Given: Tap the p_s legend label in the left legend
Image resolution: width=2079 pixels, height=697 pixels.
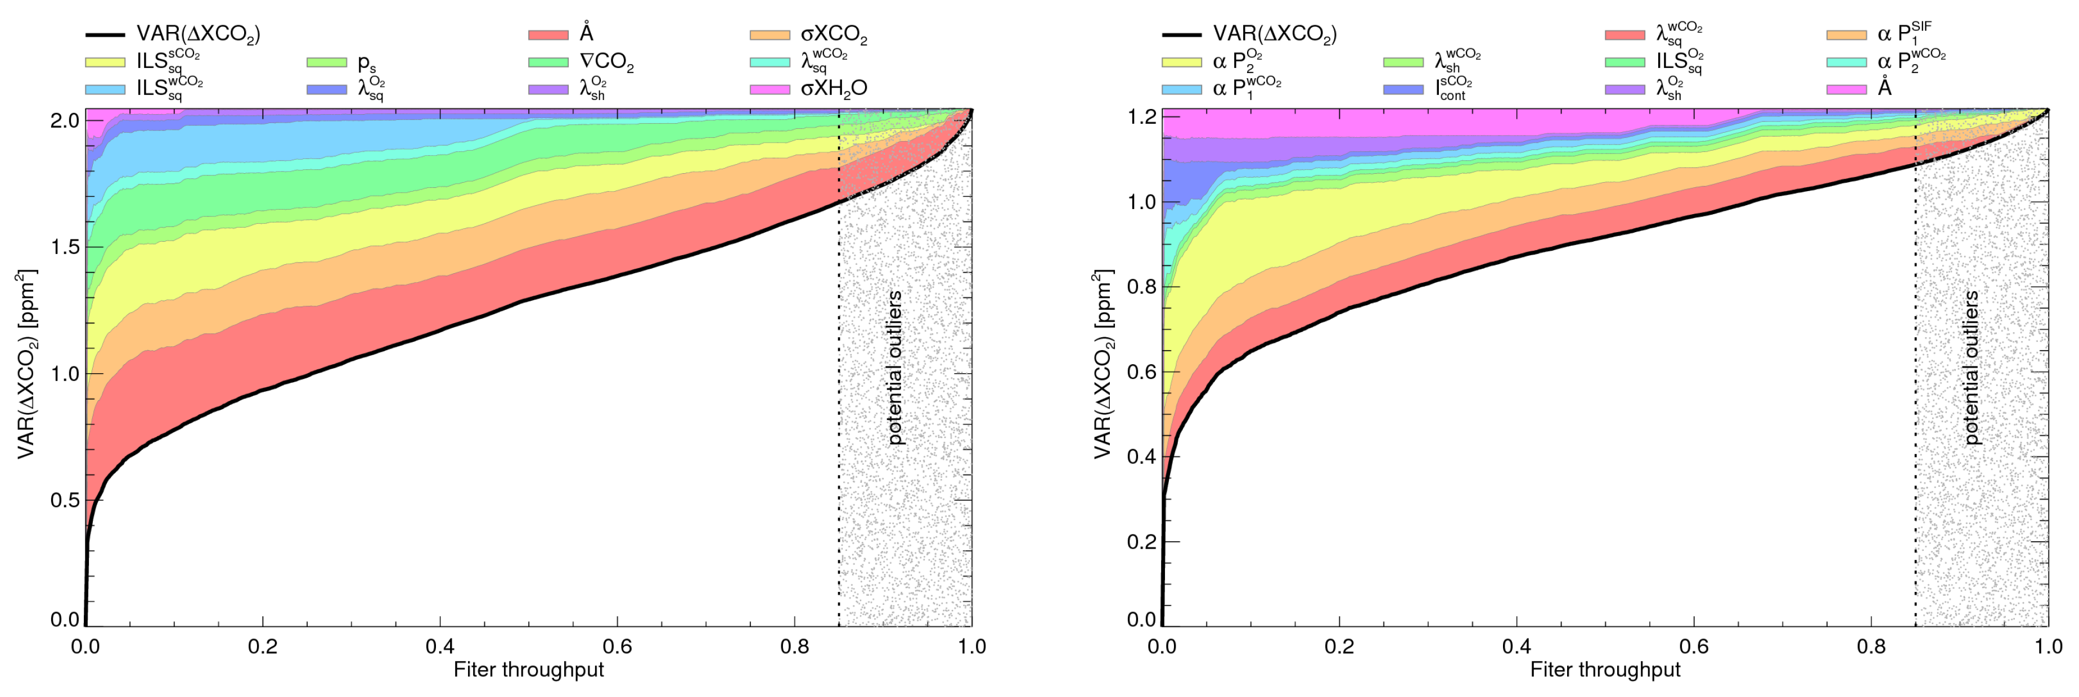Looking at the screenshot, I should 366,63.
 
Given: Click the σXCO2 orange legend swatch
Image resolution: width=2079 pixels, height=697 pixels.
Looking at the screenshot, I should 769,35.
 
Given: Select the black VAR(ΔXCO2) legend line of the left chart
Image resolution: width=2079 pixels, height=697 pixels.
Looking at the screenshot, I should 105,35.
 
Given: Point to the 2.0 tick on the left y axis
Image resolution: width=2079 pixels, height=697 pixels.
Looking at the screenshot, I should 65,120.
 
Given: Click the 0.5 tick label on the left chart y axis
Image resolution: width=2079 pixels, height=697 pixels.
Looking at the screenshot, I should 65,500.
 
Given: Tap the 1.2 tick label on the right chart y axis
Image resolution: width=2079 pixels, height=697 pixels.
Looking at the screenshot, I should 1141,117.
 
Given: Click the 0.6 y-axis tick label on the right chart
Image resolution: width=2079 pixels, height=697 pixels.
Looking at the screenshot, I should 1141,372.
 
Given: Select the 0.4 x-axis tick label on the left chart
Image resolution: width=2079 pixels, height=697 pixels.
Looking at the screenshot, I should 440,646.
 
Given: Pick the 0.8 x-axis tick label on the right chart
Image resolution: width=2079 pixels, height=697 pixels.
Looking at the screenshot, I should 1871,646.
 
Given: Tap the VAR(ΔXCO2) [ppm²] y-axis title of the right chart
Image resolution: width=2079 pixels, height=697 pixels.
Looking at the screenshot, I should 1102,365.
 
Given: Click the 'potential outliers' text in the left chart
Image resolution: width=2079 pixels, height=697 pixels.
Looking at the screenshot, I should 894,367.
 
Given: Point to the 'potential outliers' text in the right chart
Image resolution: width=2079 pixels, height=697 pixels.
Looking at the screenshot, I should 1971,367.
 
